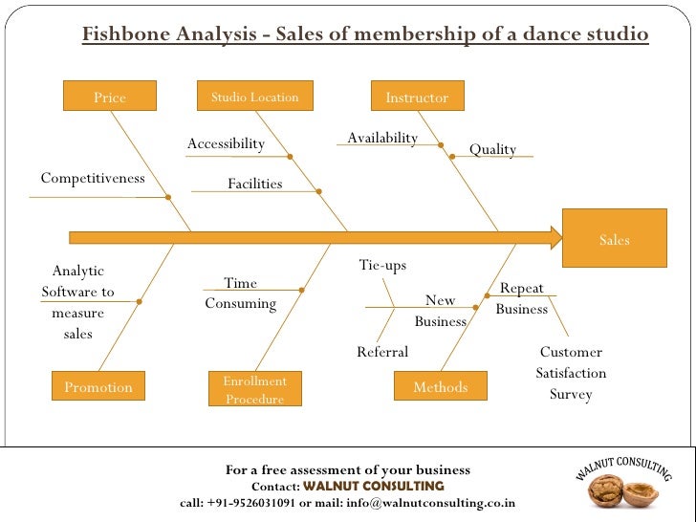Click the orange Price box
pyautogui.click(x=109, y=98)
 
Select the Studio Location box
pyautogui.click(x=254, y=97)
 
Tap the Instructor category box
pyautogui.click(x=417, y=98)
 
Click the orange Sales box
pyautogui.click(x=615, y=238)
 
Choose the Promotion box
pyautogui.click(x=98, y=386)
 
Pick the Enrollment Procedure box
pyautogui.click(x=254, y=389)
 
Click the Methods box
pyautogui.click(x=441, y=386)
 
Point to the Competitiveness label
pyautogui.click(x=93, y=178)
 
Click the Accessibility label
pyautogui.click(x=226, y=143)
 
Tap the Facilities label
pyautogui.click(x=254, y=183)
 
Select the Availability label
pyautogui.click(x=382, y=138)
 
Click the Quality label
pyautogui.click(x=492, y=149)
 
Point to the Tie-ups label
pyautogui.click(x=382, y=265)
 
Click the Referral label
pyautogui.click(x=382, y=352)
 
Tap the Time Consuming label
pyautogui.click(x=240, y=294)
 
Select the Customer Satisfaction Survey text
pyautogui.click(x=571, y=373)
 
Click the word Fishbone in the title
pyautogui.click(x=120, y=35)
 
